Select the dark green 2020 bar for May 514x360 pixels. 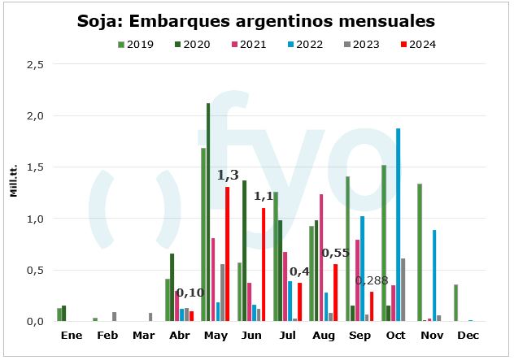pos(208,212)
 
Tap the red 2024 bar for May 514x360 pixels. pos(228,254)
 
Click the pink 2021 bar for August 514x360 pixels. pos(321,258)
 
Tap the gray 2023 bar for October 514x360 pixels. pos(403,289)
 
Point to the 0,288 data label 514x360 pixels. pos(370,281)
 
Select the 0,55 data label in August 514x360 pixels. pos(335,253)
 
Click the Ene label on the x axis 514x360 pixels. pos(72,335)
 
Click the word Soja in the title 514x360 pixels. pos(98,20)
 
